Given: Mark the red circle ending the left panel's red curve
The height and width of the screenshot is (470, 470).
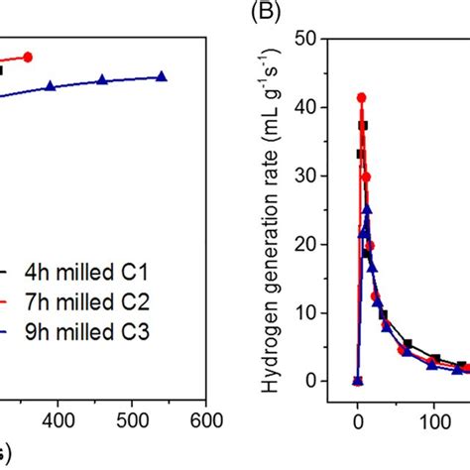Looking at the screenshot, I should coord(28,57).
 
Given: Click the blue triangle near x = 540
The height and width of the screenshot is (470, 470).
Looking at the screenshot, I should coord(162,75).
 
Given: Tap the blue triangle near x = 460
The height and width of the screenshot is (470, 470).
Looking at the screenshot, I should coord(102,79).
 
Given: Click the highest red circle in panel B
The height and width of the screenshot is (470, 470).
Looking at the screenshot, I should coord(362,97).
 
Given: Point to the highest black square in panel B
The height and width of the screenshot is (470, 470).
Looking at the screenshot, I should coord(364,125).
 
